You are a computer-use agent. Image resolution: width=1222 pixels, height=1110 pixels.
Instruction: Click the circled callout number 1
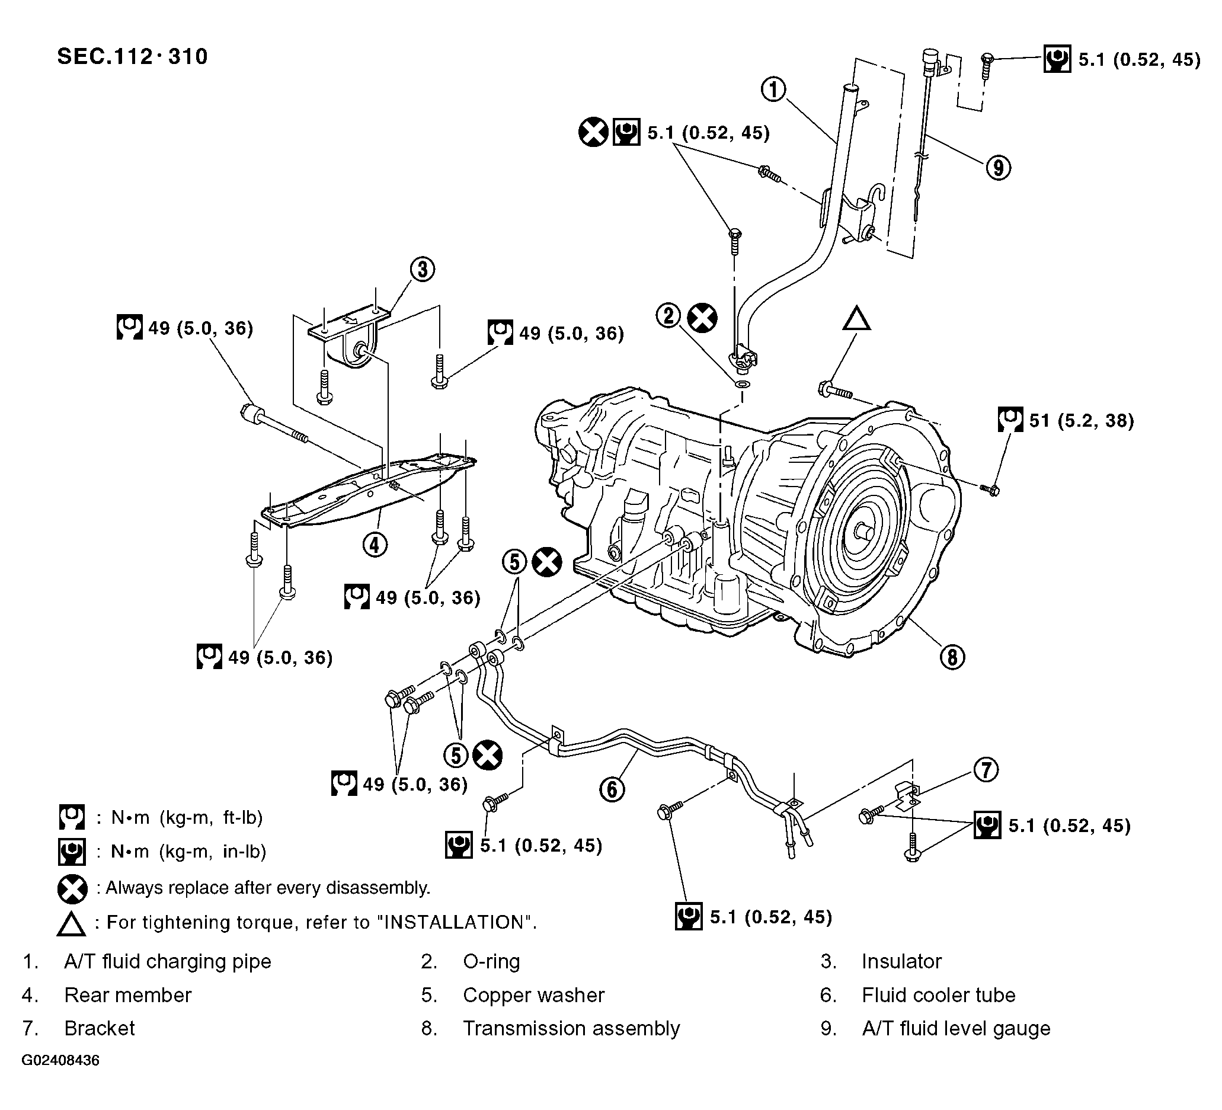(773, 89)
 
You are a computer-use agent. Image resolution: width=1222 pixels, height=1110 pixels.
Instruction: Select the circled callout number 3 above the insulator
(422, 269)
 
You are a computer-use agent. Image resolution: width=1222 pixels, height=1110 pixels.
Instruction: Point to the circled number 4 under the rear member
(375, 545)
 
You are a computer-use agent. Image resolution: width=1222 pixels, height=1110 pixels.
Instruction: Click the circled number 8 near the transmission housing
(952, 657)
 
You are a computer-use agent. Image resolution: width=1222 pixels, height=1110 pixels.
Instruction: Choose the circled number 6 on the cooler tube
(612, 789)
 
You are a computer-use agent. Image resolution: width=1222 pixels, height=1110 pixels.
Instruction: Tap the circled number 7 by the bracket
(986, 770)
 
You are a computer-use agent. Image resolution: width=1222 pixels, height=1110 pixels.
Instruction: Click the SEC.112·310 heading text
(132, 56)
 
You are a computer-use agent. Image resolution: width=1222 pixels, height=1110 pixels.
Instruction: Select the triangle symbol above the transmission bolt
(856, 319)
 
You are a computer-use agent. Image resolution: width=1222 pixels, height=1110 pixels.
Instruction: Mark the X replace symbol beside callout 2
(702, 318)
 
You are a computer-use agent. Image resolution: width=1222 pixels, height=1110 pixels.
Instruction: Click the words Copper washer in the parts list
(533, 995)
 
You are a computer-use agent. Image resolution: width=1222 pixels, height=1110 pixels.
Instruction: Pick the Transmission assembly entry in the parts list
(571, 1028)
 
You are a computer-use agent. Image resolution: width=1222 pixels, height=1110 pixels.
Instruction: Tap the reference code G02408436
(60, 1060)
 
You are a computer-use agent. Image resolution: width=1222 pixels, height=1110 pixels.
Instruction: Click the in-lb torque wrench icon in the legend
(72, 851)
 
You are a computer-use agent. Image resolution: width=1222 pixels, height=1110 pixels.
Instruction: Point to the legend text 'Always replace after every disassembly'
(267, 888)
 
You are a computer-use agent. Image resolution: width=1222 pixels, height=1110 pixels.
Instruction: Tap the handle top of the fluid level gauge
(929, 56)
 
